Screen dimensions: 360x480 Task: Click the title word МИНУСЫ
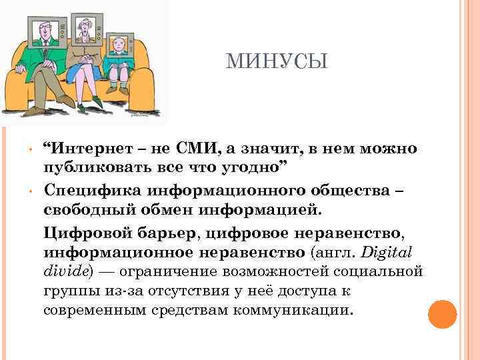277,62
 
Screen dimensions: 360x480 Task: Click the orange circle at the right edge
442,314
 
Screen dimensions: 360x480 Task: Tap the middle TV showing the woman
87,31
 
